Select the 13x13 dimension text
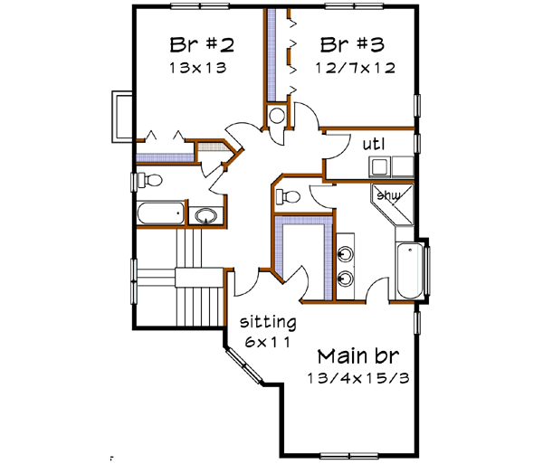tap(196, 67)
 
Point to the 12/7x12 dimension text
tap(353, 67)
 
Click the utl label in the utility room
tap(375, 144)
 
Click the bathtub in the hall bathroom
tap(160, 214)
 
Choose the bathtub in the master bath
tap(408, 268)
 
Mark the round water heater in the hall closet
tap(276, 115)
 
